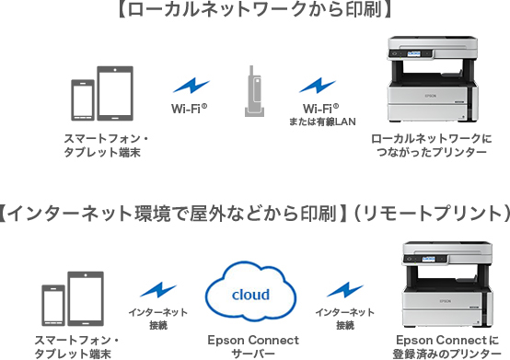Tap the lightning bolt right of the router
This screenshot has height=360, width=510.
(x=318, y=87)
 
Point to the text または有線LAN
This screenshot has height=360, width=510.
(x=320, y=122)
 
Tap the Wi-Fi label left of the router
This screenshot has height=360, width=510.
(x=189, y=110)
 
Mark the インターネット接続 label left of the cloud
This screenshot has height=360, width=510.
(x=158, y=319)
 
